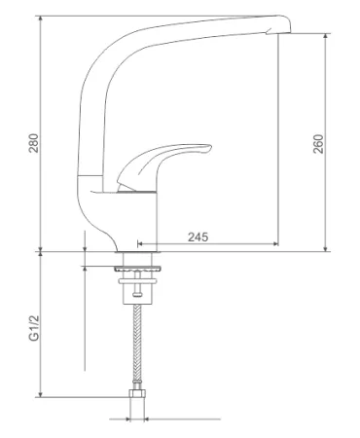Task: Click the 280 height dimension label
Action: click(x=34, y=143)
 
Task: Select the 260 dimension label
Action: click(x=318, y=144)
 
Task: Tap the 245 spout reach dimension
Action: click(x=198, y=237)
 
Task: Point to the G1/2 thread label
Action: click(x=34, y=328)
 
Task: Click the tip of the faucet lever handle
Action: click(x=210, y=148)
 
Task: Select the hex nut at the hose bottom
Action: click(x=137, y=394)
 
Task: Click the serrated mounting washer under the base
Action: click(x=137, y=269)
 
